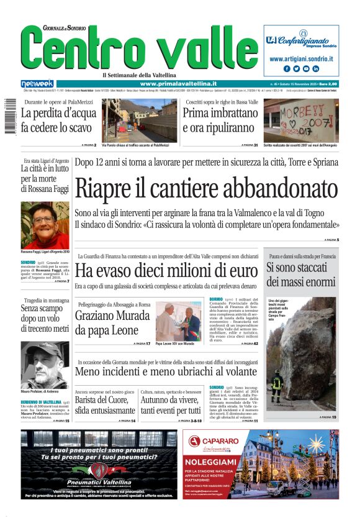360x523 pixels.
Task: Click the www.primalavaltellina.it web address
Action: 178,84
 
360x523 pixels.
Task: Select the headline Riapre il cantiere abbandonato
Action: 205,187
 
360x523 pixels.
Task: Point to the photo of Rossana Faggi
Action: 45,224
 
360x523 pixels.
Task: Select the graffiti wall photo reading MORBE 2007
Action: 300,120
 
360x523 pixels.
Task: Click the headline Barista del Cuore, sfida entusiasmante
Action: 104,405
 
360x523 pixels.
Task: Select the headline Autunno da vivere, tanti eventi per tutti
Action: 170,405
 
